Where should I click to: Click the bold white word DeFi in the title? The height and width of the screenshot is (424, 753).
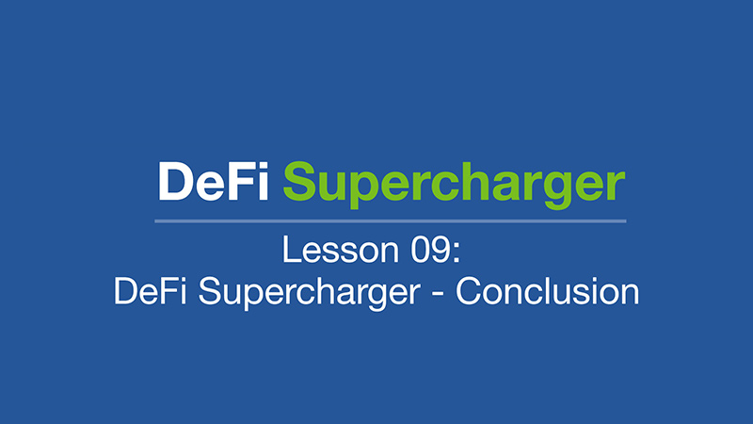click(213, 181)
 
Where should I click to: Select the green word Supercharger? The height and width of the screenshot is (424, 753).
click(454, 185)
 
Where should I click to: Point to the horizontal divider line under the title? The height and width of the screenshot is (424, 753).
click(391, 221)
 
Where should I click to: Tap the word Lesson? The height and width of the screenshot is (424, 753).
click(341, 250)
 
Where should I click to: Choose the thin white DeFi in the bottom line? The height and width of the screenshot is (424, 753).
click(150, 291)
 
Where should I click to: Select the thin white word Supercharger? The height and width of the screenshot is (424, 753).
click(310, 293)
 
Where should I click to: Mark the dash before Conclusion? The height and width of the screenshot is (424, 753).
click(438, 294)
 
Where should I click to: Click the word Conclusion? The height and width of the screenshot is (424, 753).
click(548, 291)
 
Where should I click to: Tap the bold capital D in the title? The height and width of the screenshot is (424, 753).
click(175, 181)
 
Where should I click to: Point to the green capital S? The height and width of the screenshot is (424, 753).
click(299, 181)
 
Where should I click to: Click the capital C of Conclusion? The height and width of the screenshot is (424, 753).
click(468, 291)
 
